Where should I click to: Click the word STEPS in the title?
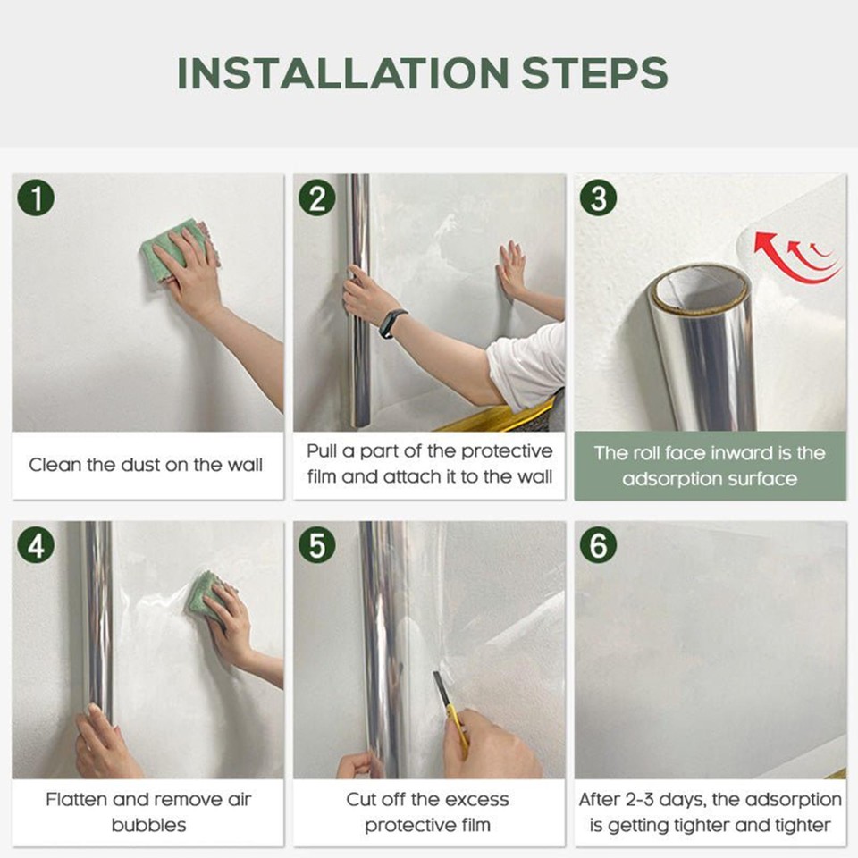tap(594, 72)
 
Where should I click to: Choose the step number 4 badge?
tap(36, 545)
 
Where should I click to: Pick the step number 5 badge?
tap(317, 545)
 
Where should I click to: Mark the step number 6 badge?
tap(598, 545)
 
